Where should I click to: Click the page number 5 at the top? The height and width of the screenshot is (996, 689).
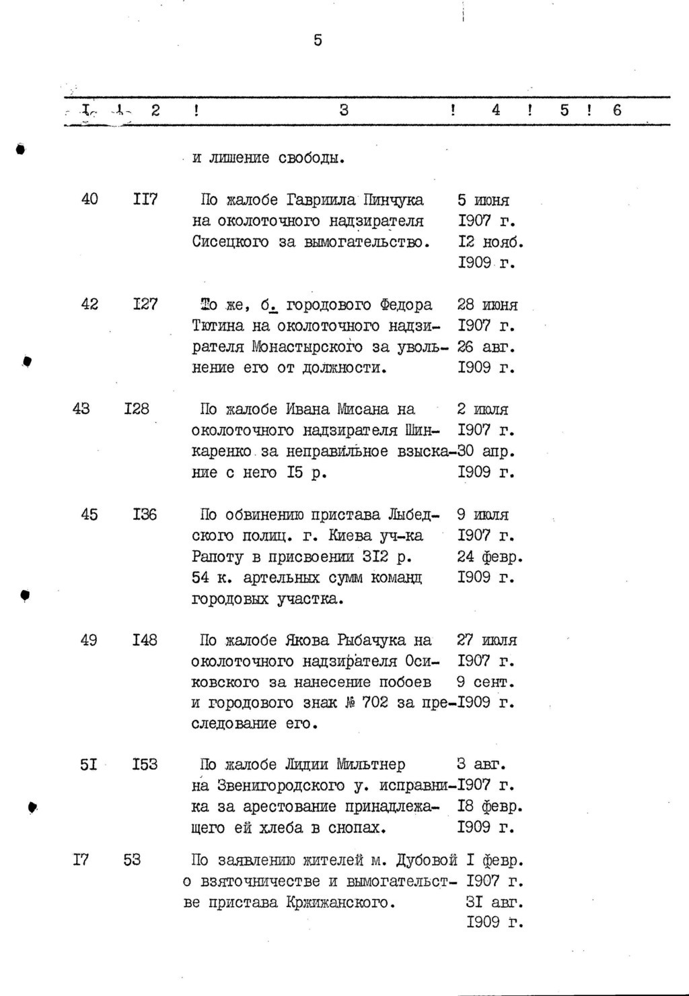(318, 41)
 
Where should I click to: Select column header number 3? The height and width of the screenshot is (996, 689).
(344, 110)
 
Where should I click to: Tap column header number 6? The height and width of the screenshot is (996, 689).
(617, 110)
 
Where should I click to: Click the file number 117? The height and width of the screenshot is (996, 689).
(145, 199)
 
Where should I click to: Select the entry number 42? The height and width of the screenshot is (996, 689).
(89, 304)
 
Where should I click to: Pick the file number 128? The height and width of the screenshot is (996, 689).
(137, 409)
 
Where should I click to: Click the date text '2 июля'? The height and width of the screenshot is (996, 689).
(482, 409)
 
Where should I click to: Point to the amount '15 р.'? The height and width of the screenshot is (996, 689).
(306, 472)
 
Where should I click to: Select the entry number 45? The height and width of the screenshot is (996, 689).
(89, 514)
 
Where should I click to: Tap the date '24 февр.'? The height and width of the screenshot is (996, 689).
(490, 557)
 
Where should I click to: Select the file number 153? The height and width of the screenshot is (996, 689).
(145, 764)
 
